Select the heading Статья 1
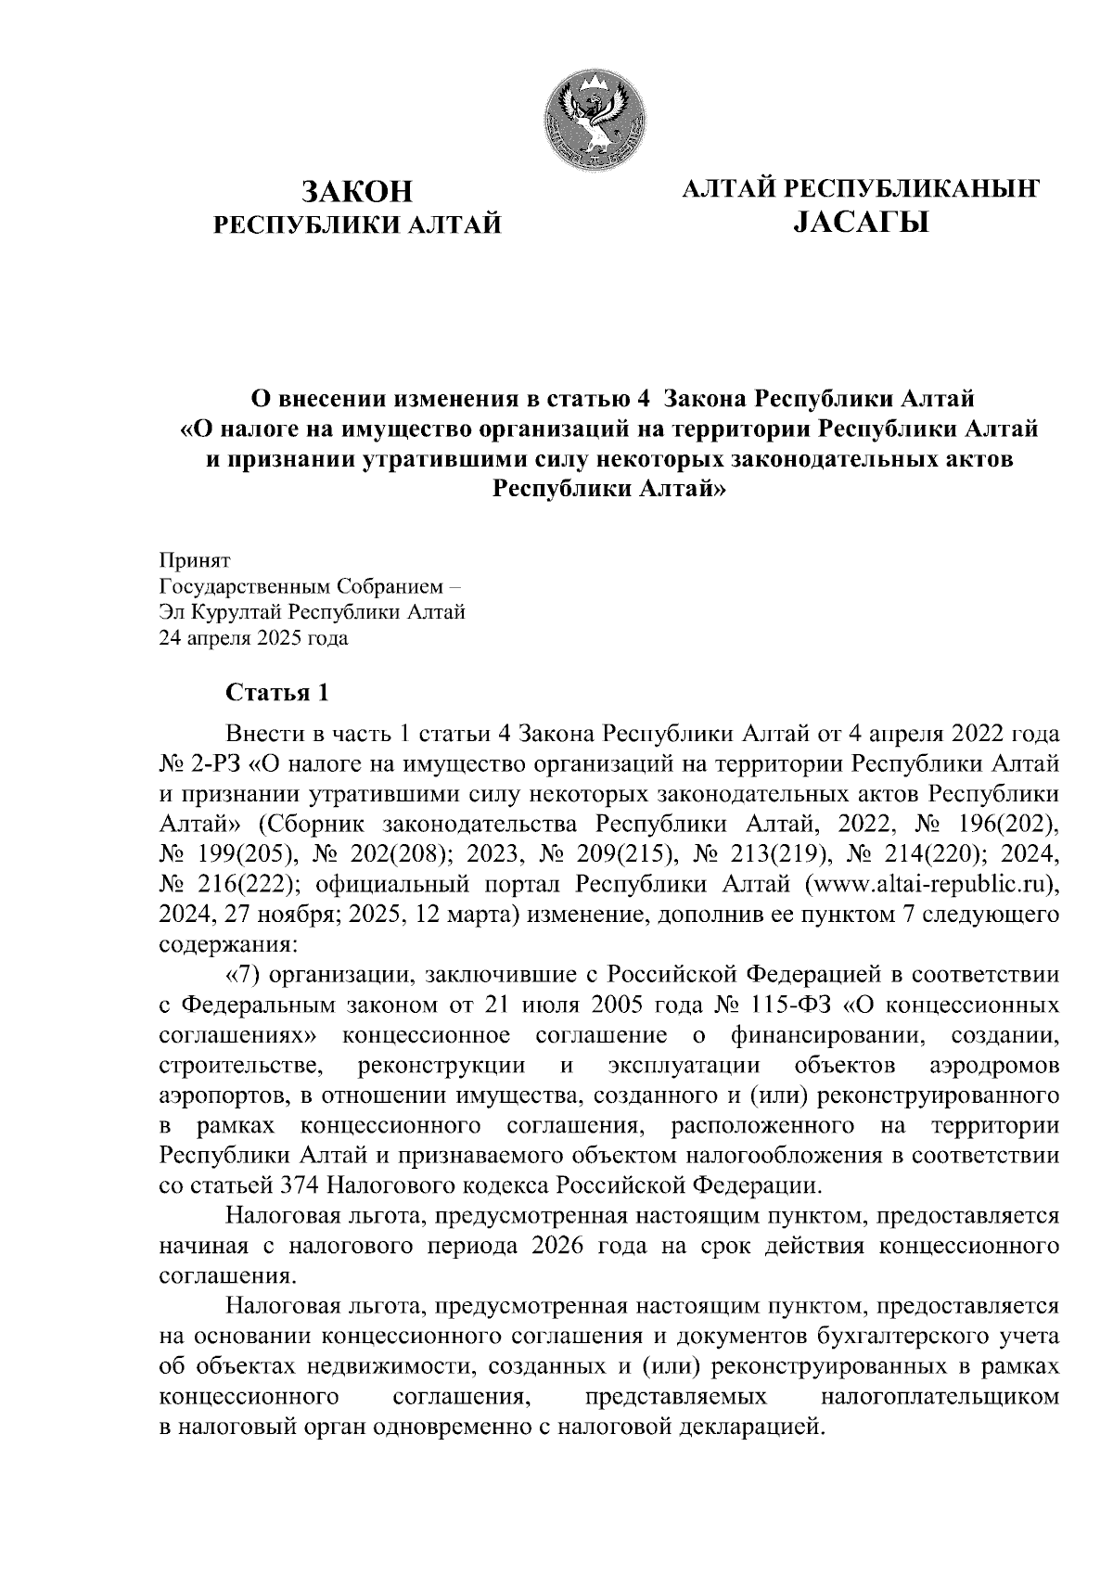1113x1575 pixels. [x=277, y=693]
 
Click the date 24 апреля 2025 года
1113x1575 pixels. [x=255, y=638]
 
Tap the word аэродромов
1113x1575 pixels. [x=993, y=1065]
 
